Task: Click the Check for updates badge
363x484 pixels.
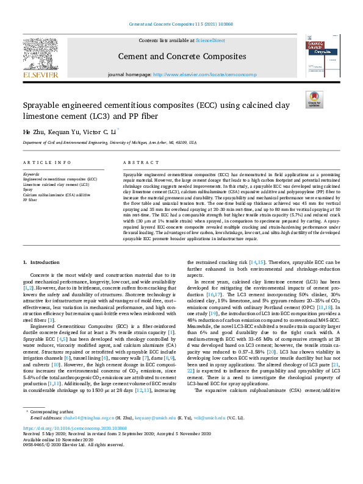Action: click(314, 99)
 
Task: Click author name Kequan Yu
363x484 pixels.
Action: click(61, 131)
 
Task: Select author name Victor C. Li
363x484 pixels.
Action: click(97, 131)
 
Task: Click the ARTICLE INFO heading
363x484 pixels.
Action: click(46, 163)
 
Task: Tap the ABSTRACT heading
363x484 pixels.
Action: click(137, 163)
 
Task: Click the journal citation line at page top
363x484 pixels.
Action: click(181, 25)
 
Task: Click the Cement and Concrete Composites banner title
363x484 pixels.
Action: click(182, 58)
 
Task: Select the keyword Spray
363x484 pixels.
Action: click(28, 189)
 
